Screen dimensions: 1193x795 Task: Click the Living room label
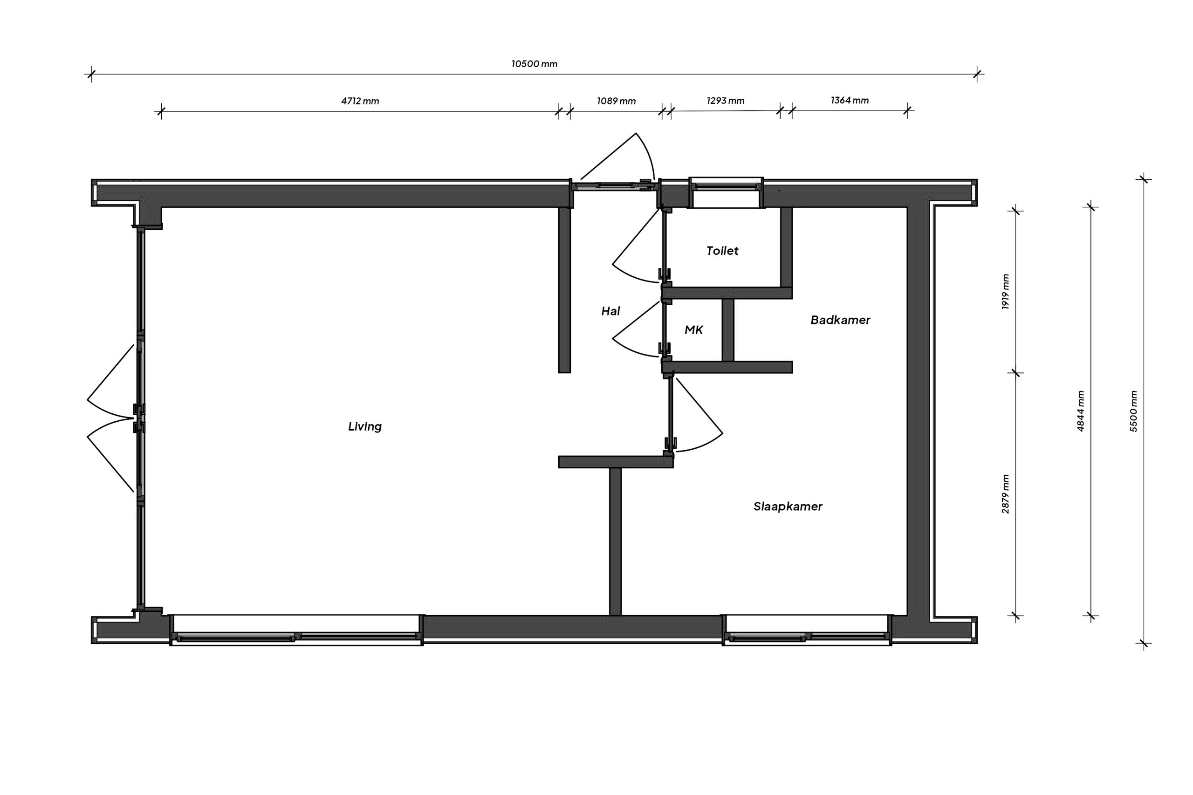[364, 426]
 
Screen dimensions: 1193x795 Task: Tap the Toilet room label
[722, 250]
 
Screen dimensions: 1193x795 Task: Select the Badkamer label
[840, 320]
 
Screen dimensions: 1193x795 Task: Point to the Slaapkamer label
[788, 506]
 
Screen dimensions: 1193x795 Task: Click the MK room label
[693, 330]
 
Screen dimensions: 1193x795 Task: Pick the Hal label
[610, 311]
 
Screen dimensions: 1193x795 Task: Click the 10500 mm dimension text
[534, 64]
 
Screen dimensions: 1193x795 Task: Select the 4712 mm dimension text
[360, 101]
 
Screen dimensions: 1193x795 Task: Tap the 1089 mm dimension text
[616, 101]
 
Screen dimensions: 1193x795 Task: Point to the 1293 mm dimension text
[726, 100]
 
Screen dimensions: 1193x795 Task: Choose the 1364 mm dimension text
[850, 100]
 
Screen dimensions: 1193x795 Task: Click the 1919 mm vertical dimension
[1005, 292]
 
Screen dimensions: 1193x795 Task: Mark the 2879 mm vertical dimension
[1005, 494]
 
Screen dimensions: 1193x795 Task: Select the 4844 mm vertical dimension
[1080, 411]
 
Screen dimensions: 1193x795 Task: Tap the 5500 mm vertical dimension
[1134, 411]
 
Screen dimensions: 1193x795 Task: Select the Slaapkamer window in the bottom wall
[807, 630]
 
